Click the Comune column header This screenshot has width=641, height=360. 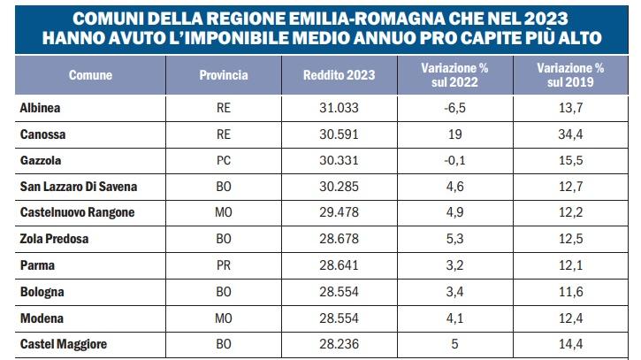pyautogui.click(x=90, y=75)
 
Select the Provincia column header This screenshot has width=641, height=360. pyautogui.click(x=224, y=75)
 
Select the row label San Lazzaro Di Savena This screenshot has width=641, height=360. pyautogui.click(x=79, y=186)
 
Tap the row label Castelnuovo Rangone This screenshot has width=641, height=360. pyautogui.click(x=74, y=211)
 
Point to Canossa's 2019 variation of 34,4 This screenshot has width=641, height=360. pyautogui.click(x=569, y=134)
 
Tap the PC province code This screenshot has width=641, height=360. pyautogui.click(x=224, y=159)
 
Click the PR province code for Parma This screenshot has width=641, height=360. pyautogui.click(x=224, y=264)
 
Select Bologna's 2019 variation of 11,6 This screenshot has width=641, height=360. pyautogui.click(x=569, y=290)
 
